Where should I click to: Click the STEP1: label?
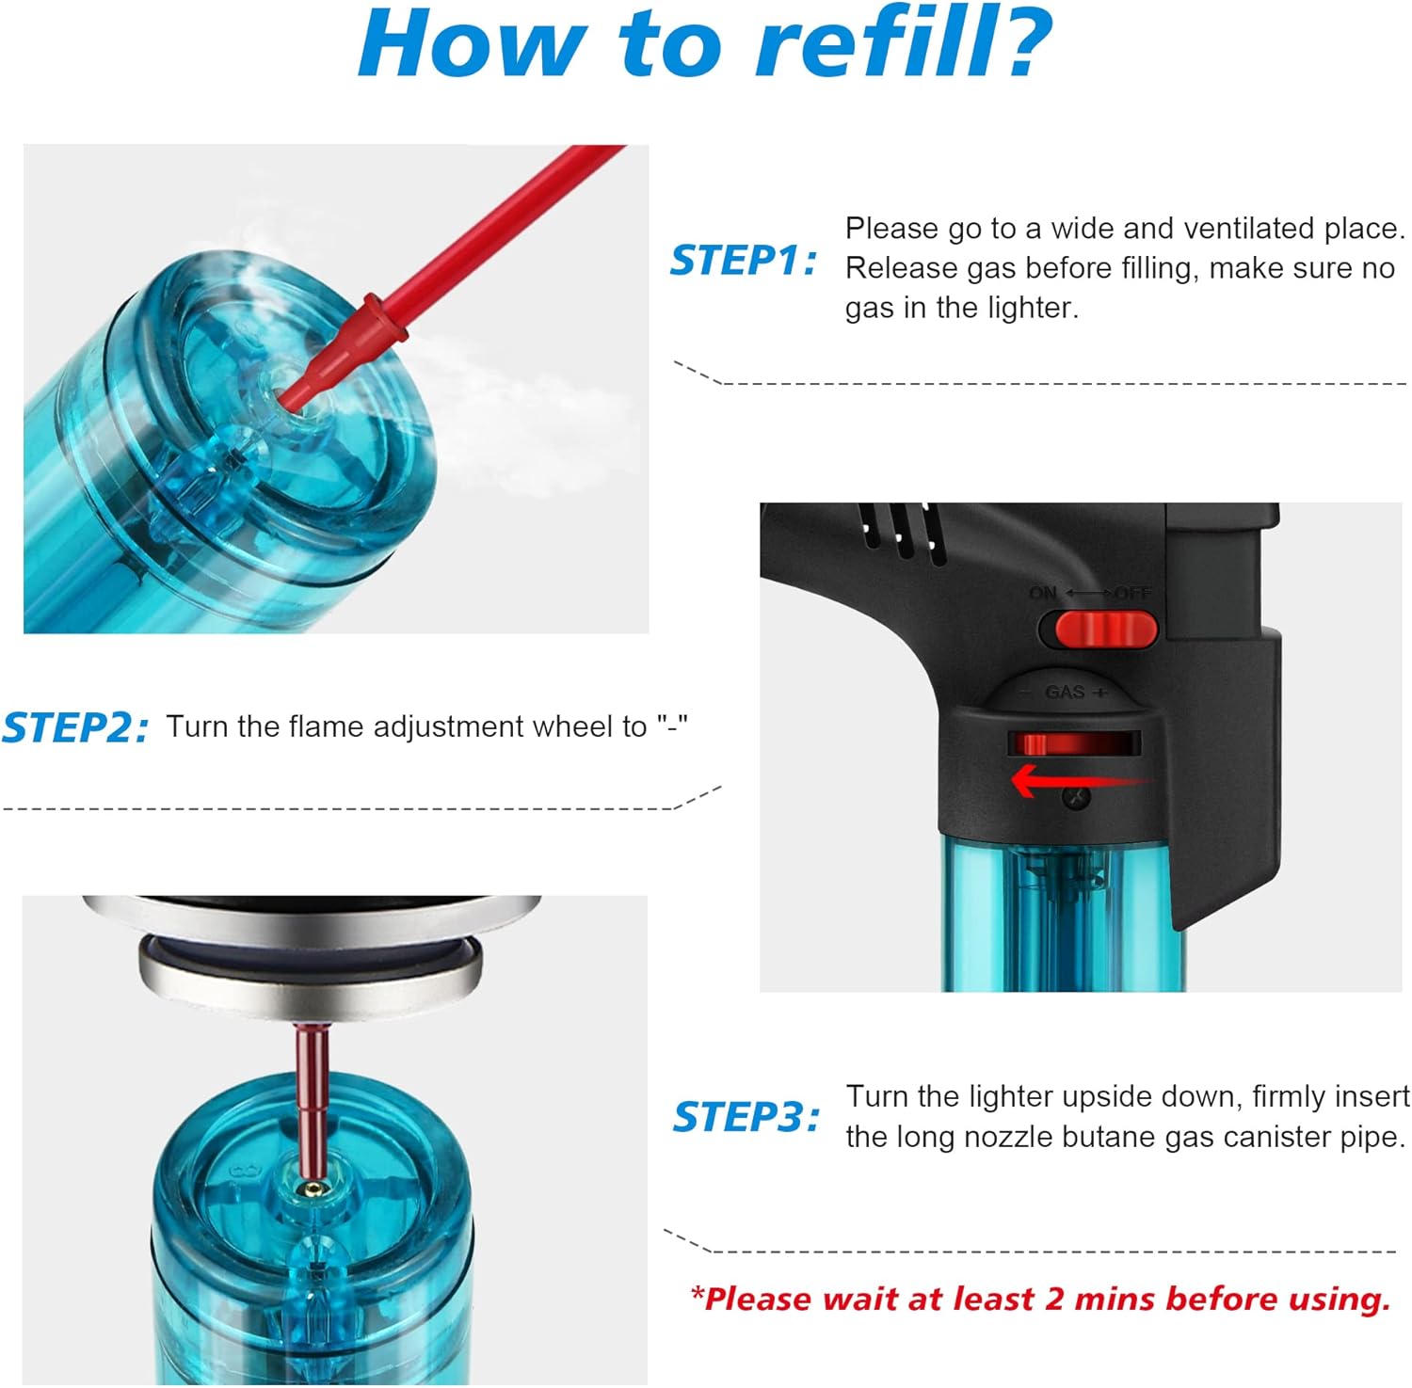(742, 261)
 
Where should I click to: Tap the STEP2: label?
(74, 728)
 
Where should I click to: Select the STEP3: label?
(745, 1118)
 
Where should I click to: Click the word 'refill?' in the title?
(904, 44)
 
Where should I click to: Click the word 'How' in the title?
(472, 44)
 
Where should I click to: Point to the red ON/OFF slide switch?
(1105, 629)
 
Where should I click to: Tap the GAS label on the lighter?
(1065, 693)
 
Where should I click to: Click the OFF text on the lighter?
(1132, 593)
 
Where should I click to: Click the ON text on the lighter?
(1042, 593)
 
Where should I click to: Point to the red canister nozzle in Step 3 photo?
(312, 1092)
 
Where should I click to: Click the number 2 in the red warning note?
(1054, 1299)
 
